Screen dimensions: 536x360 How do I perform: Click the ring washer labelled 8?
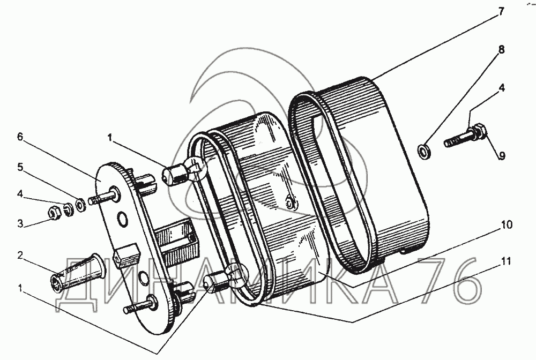point(424,149)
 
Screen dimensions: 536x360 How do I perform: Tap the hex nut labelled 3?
point(54,213)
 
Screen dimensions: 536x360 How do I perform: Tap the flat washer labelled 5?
point(80,204)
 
